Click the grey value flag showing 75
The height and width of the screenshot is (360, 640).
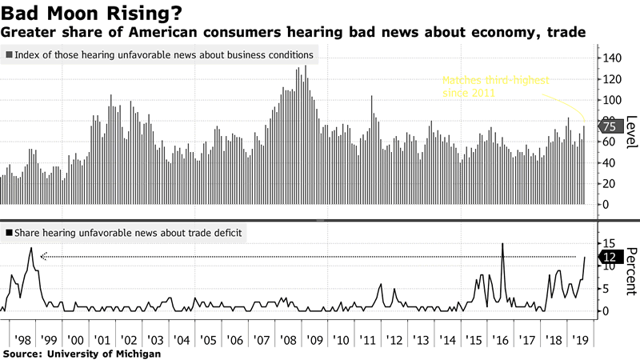(x=610, y=126)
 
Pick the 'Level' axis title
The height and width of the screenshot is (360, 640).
(x=631, y=131)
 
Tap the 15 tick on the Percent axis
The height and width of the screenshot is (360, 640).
(x=610, y=243)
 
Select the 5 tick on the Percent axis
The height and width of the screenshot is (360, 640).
(x=607, y=288)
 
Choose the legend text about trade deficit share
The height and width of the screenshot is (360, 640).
(x=128, y=233)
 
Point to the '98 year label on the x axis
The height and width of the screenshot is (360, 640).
(x=25, y=339)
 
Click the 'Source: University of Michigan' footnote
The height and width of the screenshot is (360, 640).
(x=82, y=354)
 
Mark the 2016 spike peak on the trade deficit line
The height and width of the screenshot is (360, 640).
(x=502, y=243)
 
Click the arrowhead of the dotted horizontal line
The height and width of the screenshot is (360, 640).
(x=43, y=257)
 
